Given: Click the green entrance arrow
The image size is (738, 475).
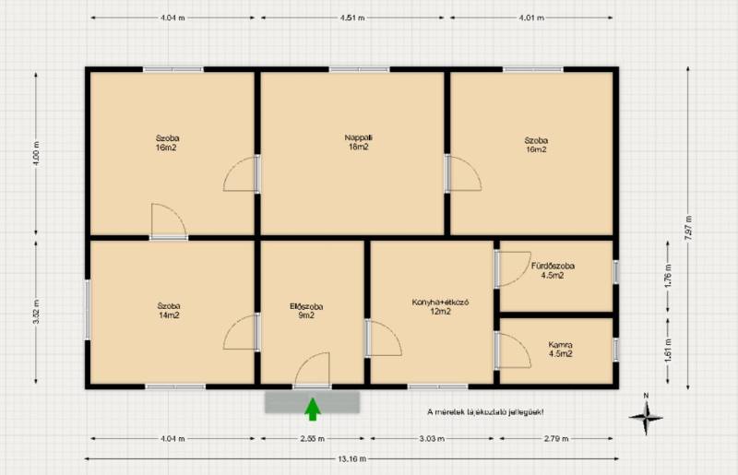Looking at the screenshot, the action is point(313,410).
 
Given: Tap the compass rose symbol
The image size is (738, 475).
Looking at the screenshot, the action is point(646,417).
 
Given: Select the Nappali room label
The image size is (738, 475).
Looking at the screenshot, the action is point(358,142).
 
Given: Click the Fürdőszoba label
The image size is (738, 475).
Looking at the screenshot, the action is point(553,270).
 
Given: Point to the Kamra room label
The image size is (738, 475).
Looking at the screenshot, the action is point(561,350).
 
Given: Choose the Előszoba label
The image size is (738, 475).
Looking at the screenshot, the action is point(306,311).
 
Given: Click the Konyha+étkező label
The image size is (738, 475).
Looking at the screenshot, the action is point(440,306).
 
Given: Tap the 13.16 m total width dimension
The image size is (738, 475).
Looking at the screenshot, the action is point(352,458).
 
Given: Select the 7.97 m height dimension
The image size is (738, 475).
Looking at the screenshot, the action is point(688,228).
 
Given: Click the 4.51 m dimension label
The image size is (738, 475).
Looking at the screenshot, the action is point(352,18).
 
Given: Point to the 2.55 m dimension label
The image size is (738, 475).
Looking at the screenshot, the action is point(313,439).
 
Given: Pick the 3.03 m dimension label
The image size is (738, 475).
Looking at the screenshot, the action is point(432,439).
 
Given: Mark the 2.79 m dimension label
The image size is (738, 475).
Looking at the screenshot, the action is point(556,439).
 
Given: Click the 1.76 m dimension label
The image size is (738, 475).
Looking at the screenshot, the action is point(668,277).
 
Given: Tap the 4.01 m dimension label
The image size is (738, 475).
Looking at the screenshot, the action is point(532,18).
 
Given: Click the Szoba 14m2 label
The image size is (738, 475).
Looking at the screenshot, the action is point(169,311).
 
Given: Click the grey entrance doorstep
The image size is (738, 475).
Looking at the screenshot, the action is point(313,402).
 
